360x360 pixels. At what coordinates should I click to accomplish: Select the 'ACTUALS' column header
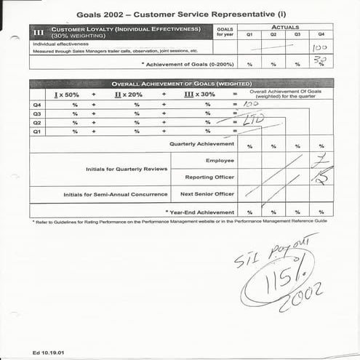285,26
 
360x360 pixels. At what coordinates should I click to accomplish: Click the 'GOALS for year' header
225,31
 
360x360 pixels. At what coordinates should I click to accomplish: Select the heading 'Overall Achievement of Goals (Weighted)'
182,83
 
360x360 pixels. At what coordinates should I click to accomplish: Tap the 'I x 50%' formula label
67,95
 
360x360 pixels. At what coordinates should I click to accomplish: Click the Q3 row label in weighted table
37,113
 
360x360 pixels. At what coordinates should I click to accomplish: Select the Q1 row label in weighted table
37,132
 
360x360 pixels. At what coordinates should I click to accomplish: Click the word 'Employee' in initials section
220,160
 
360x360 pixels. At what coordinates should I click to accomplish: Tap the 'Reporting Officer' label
209,177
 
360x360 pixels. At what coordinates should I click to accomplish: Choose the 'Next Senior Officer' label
207,194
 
